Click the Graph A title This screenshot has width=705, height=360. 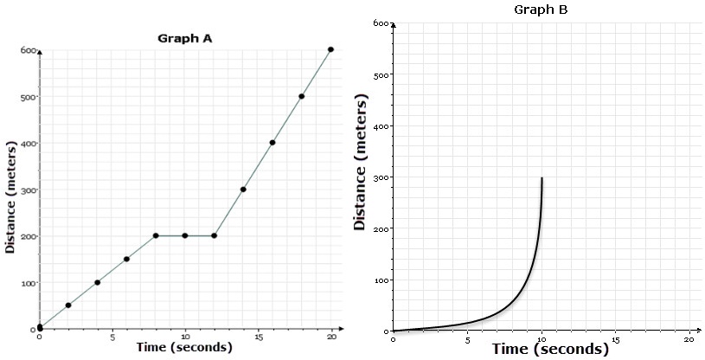point(184,38)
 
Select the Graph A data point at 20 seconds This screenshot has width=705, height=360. point(331,49)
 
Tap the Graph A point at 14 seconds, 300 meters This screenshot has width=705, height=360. point(243,190)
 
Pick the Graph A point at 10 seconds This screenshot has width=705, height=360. point(185,235)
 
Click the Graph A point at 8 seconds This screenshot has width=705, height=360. point(156,235)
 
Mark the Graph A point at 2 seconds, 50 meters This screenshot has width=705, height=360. point(68,305)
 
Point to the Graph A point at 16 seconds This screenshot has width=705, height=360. point(272,143)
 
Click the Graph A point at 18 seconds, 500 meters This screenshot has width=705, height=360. point(302,96)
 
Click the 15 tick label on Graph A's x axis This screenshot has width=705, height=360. point(258,337)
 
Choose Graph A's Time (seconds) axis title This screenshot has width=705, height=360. point(184,348)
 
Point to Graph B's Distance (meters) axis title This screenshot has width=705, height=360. point(362,164)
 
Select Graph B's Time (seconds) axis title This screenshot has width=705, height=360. point(550,350)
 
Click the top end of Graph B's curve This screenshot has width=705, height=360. point(542,178)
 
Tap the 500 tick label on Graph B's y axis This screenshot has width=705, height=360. point(381,75)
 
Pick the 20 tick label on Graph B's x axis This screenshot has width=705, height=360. point(689,338)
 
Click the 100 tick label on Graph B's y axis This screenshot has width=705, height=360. point(381,280)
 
